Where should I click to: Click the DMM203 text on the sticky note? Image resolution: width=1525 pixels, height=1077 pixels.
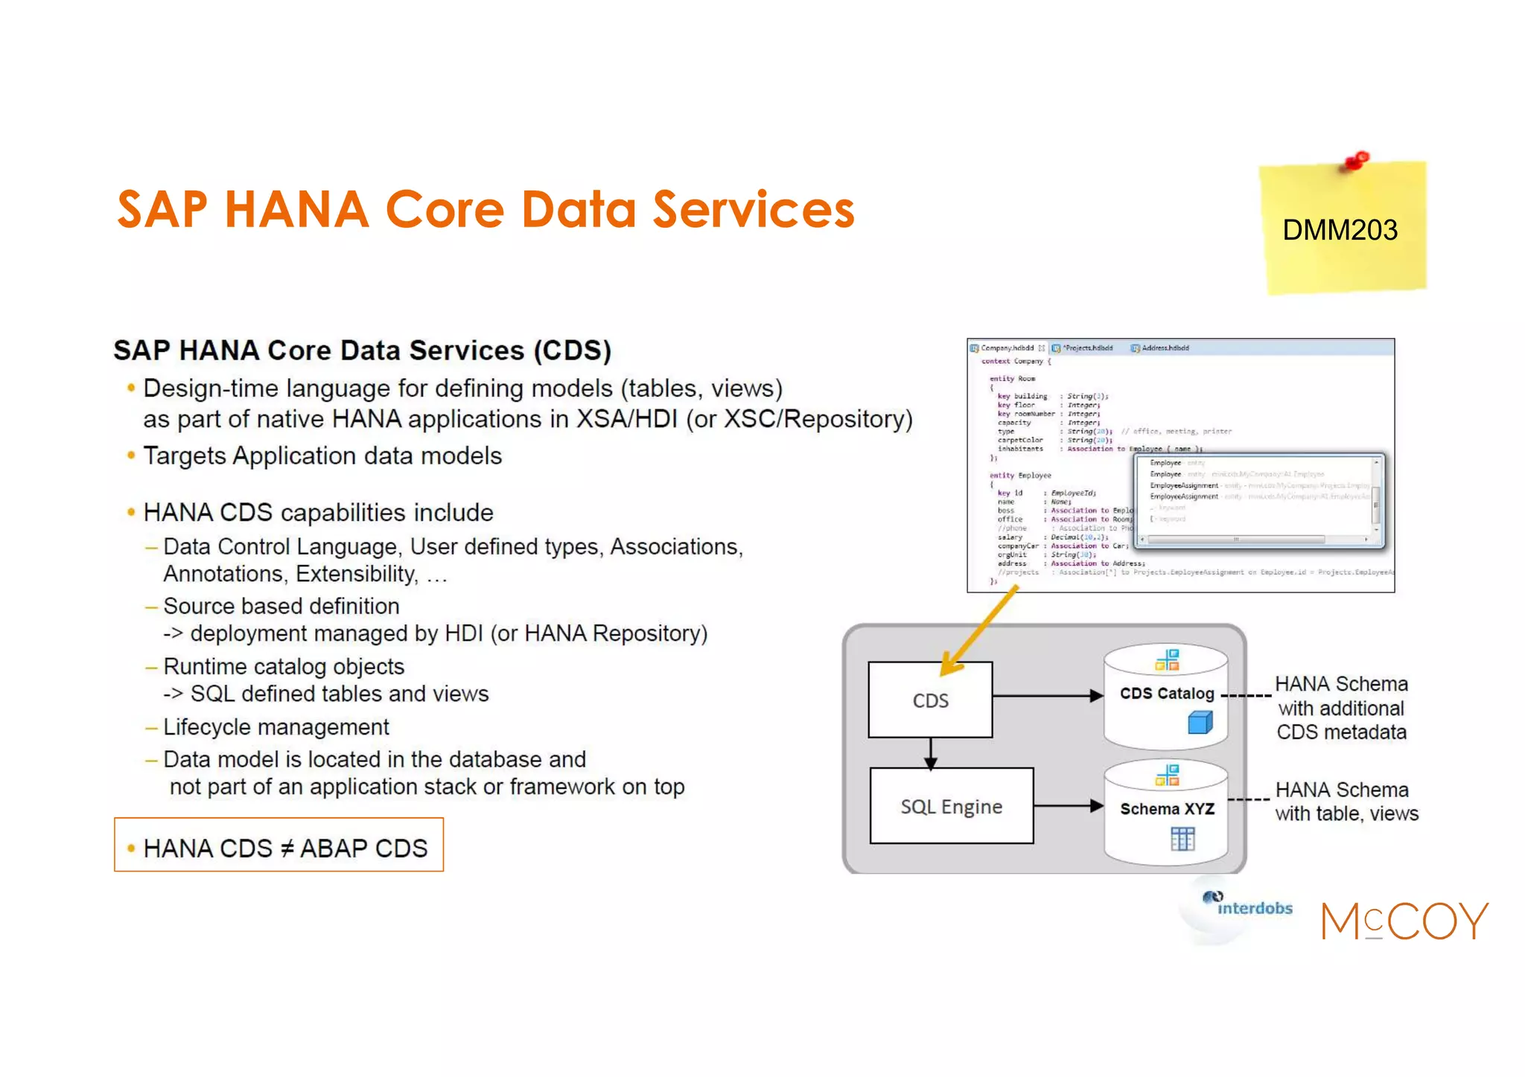[x=1340, y=230]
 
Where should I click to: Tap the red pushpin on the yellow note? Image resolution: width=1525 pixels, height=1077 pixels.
[x=1357, y=160]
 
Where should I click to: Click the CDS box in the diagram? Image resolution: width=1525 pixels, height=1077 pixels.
[x=930, y=700]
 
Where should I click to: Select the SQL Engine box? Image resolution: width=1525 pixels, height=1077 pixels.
[x=951, y=807]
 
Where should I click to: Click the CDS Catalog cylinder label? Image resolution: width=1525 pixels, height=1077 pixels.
[x=1166, y=694]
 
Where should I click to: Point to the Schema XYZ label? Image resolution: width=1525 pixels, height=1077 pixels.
[x=1167, y=809]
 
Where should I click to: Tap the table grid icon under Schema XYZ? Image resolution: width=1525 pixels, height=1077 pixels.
[x=1182, y=839]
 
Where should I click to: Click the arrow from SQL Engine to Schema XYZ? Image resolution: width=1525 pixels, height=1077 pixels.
[x=1068, y=805]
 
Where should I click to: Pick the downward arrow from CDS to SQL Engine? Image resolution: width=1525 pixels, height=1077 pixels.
[x=930, y=753]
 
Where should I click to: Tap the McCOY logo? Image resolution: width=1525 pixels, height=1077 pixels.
[x=1404, y=921]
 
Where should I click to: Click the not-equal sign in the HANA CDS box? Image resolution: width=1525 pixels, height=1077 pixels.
[x=287, y=849]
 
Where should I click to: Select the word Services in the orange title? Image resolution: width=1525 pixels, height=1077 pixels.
[x=753, y=209]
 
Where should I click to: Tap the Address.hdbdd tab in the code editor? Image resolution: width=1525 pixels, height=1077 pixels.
[x=1164, y=348]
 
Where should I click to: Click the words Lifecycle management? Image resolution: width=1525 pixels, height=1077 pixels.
[x=276, y=726]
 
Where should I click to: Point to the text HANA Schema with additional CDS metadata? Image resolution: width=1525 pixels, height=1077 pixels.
[x=1341, y=708]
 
